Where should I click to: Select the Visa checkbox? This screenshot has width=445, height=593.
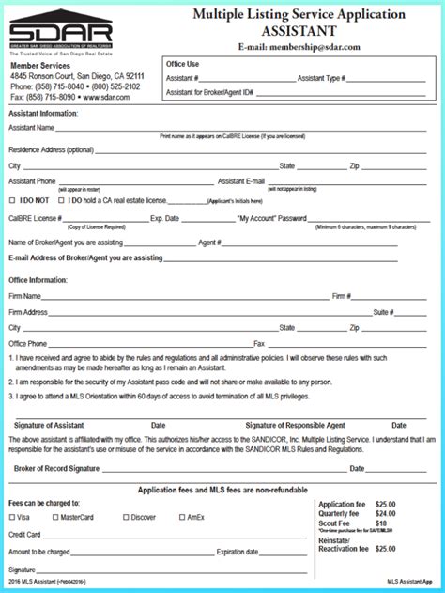tap(12, 517)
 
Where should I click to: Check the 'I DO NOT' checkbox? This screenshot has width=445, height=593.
tap(12, 200)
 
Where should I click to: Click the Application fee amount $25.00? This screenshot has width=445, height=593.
tap(386, 504)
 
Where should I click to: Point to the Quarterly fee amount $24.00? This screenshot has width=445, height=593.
tap(386, 514)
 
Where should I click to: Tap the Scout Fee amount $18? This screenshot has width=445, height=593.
tap(381, 523)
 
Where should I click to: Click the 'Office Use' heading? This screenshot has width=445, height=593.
tap(182, 64)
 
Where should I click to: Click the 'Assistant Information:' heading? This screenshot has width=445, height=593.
tap(43, 114)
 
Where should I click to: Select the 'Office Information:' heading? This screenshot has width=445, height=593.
tap(38, 280)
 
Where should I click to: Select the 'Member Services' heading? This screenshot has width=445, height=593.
tap(41, 67)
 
